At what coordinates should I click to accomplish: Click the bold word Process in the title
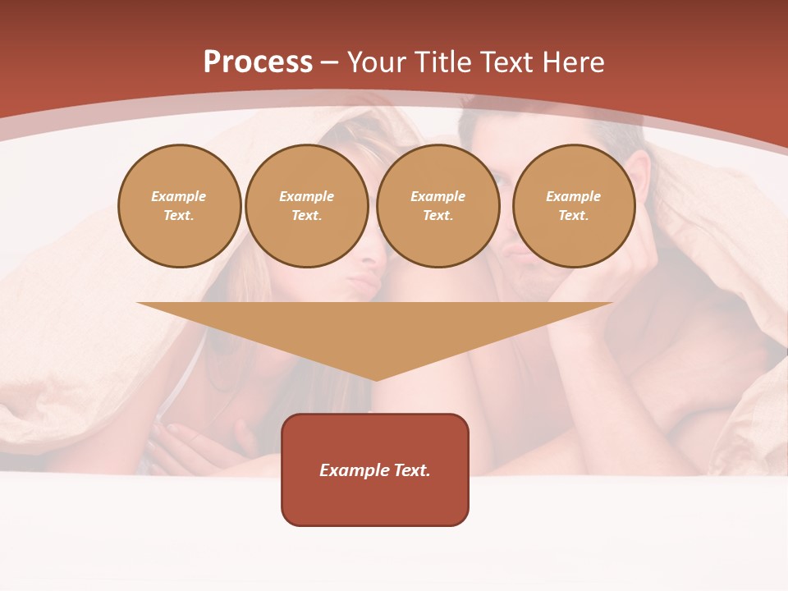pos(258,62)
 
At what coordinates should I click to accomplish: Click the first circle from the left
pos(179,206)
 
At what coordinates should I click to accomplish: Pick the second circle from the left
pos(306,206)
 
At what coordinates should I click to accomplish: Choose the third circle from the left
pos(438,206)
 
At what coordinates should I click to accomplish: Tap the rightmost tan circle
pos(573,206)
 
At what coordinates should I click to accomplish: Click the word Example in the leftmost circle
pos(179,196)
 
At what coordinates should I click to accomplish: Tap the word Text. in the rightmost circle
pos(573,216)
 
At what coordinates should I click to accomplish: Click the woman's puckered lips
pos(361,284)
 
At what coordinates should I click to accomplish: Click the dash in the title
pos(328,62)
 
